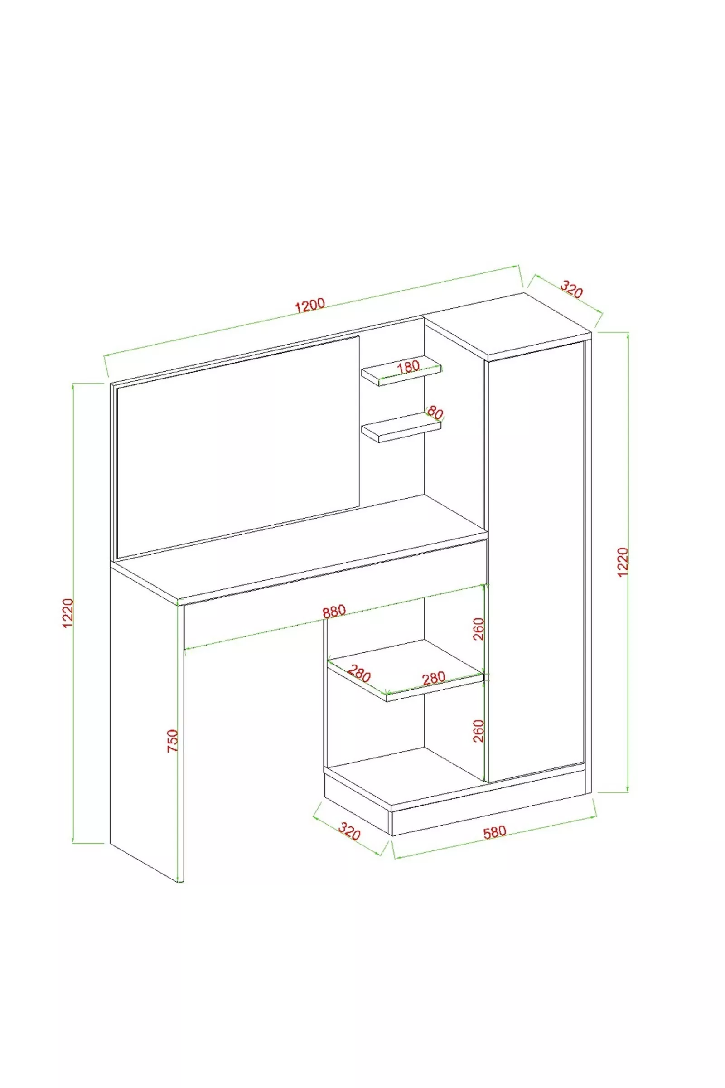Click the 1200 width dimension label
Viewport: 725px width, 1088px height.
pyautogui.click(x=310, y=305)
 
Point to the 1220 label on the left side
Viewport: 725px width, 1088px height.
pyautogui.click(x=68, y=613)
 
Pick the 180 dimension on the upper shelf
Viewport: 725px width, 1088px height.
pyautogui.click(x=408, y=367)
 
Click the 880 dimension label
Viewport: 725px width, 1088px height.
pyautogui.click(x=334, y=611)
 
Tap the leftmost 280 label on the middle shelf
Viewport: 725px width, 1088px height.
pyautogui.click(x=359, y=673)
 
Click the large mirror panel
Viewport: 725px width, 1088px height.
pyautogui.click(x=238, y=447)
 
